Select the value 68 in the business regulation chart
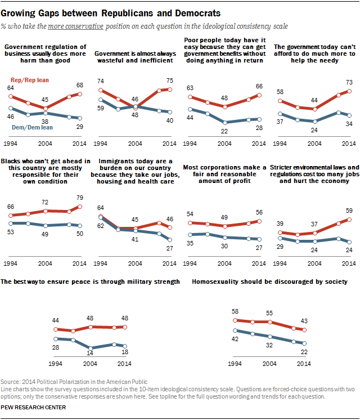click(x=79, y=86)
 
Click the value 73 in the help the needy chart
click(x=348, y=82)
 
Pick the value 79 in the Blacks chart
click(x=79, y=198)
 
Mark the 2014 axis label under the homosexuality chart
click(x=304, y=364)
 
